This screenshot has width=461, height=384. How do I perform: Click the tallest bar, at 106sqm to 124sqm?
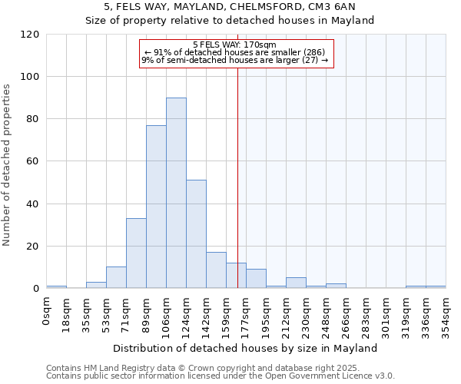176,193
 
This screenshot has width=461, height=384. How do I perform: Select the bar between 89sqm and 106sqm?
156,207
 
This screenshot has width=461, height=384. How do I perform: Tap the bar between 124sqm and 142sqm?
196,234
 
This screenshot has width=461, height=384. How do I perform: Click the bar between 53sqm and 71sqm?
116,277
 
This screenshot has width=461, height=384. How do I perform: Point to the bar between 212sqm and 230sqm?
296,283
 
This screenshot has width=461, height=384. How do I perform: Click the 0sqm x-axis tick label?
51,310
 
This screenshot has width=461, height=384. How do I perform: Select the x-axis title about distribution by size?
245,348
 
